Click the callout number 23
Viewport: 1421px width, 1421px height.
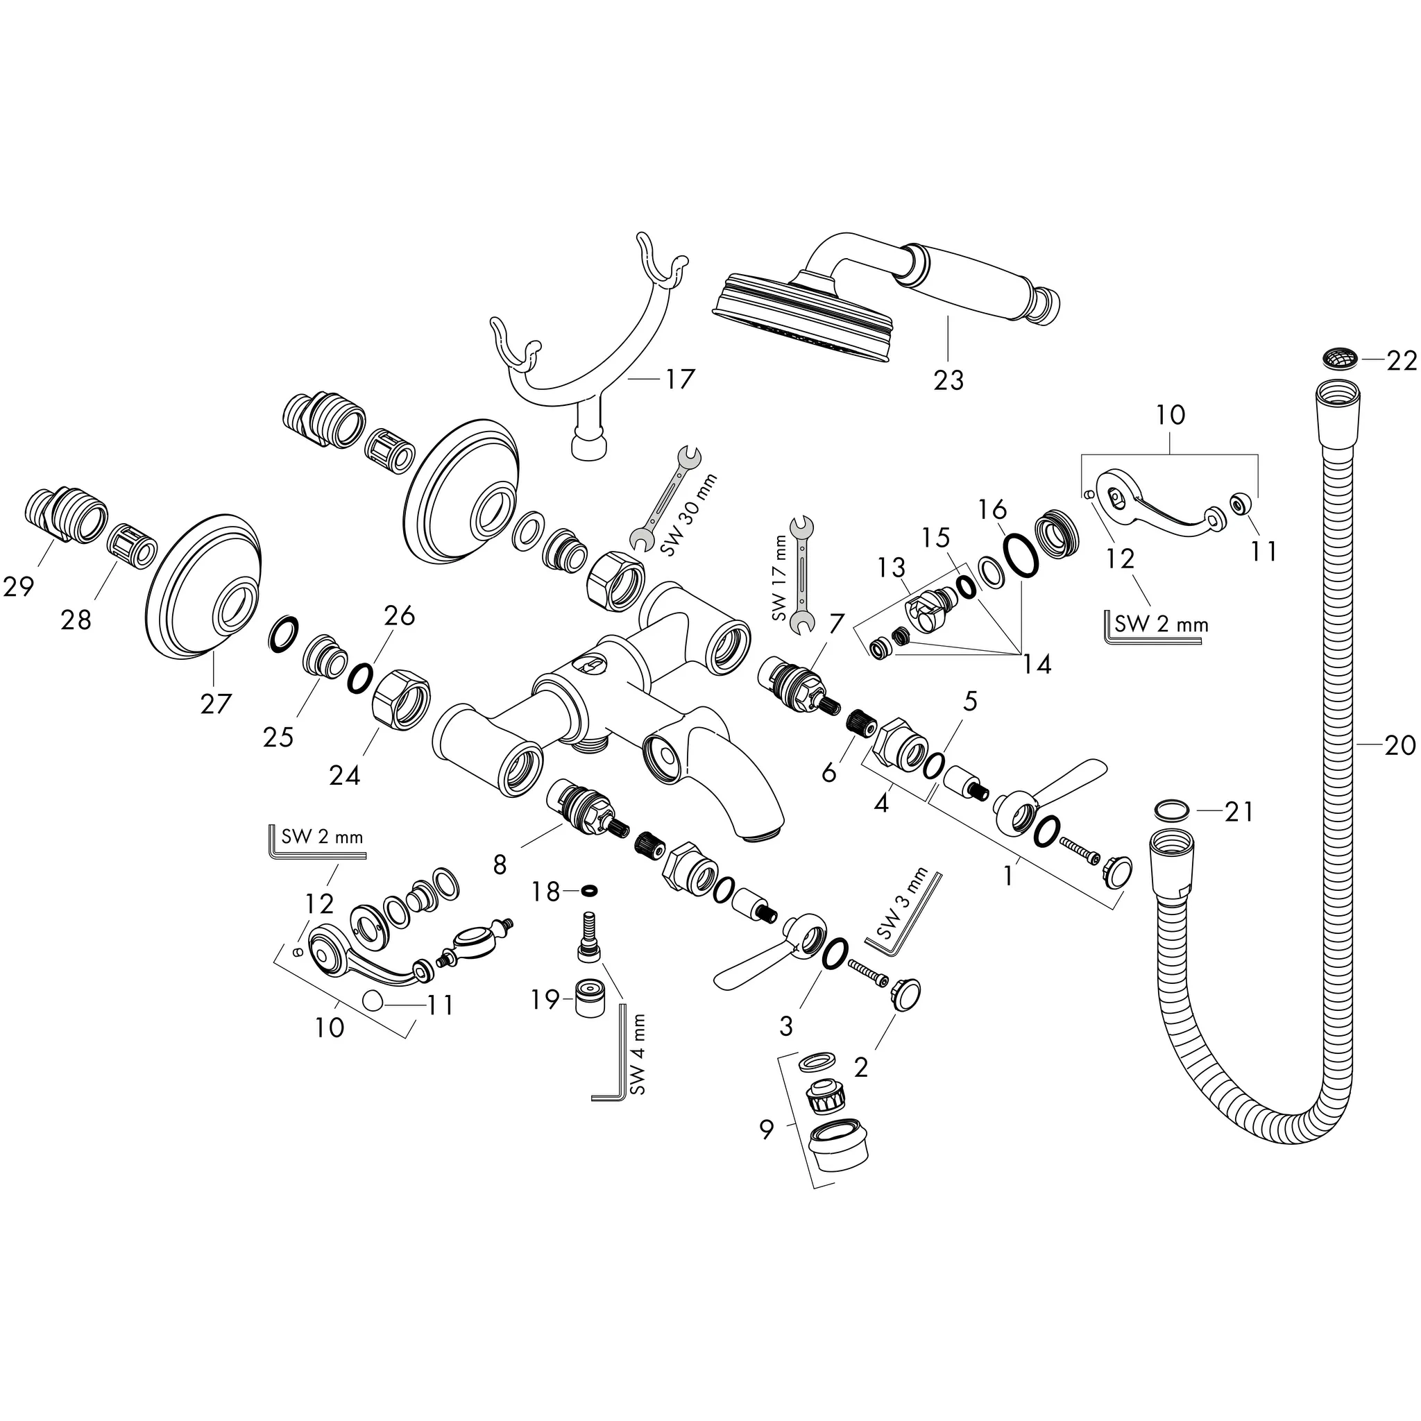click(x=948, y=380)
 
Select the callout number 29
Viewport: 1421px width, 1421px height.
click(x=19, y=586)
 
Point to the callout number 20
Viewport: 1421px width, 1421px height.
click(x=1399, y=746)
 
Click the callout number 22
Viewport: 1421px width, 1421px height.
click(x=1401, y=361)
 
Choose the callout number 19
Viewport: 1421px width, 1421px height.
click(x=545, y=1000)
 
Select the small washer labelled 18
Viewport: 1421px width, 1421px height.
click(x=588, y=892)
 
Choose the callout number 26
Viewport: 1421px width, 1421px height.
click(x=400, y=615)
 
